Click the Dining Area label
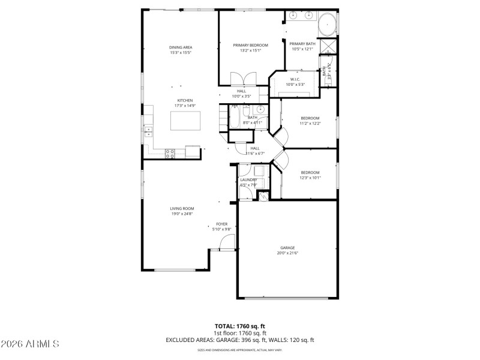tap(180, 47)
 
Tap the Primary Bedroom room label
tap(250, 45)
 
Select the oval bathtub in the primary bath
tap(327, 25)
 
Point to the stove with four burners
tap(170, 153)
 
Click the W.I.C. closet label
tap(295, 79)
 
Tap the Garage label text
tap(287, 248)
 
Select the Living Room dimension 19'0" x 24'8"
tap(182, 213)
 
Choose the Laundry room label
tap(248, 180)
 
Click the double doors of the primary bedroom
tap(244, 79)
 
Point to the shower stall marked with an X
tap(328, 47)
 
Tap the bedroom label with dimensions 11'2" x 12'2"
tap(310, 118)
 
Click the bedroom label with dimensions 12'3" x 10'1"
tap(310, 173)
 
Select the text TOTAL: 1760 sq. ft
tap(240, 326)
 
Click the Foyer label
tap(222, 224)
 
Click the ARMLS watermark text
tap(30, 344)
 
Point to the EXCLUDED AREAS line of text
tap(240, 340)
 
